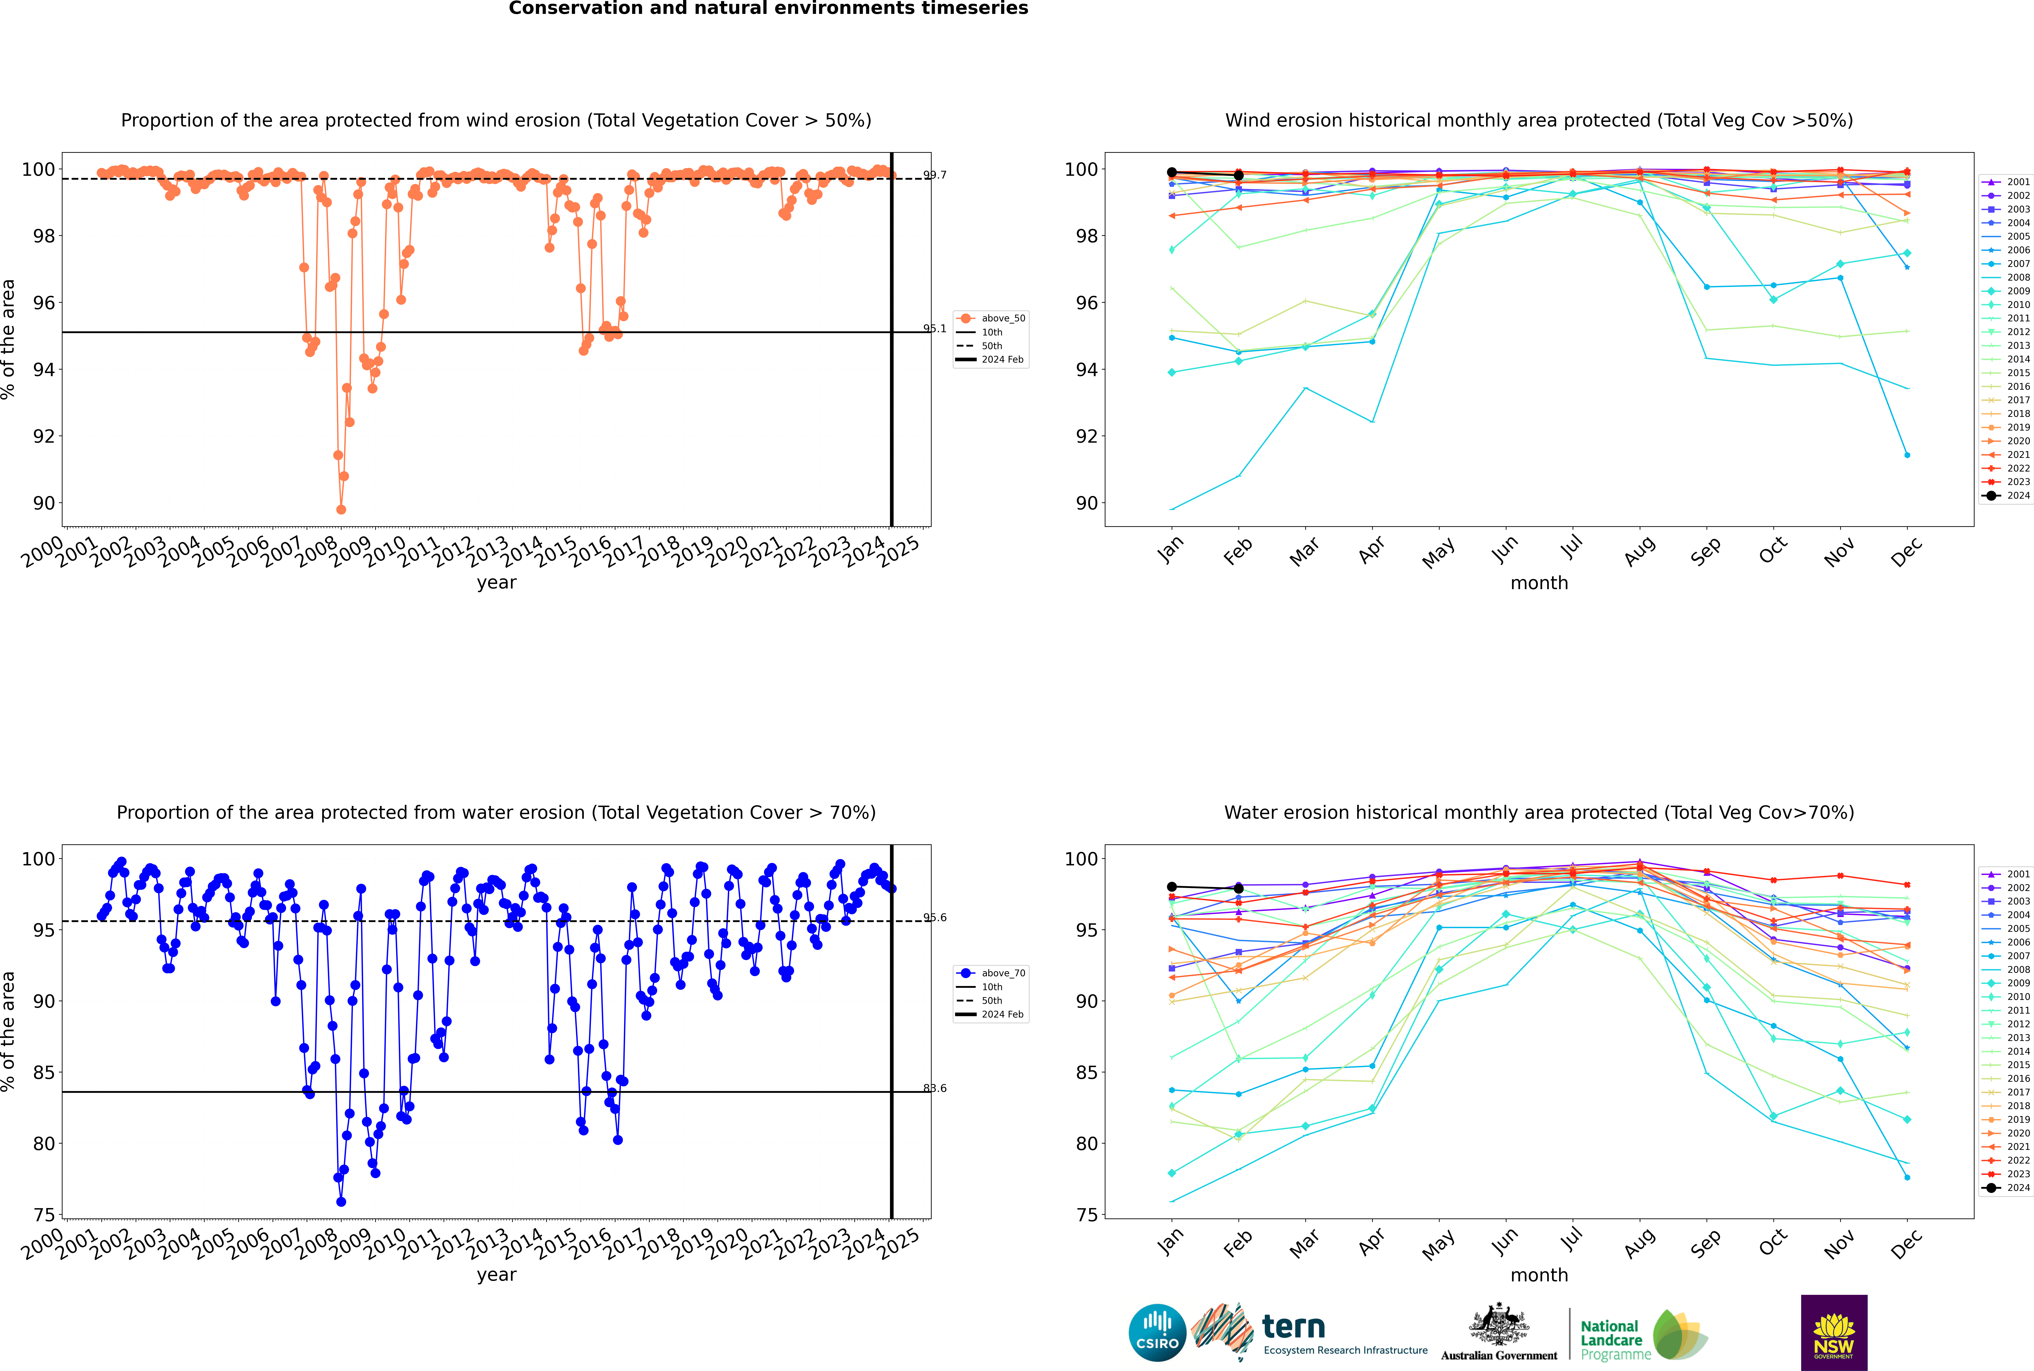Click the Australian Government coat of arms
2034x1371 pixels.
pos(1499,1325)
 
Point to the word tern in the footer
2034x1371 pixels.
pos(1293,1327)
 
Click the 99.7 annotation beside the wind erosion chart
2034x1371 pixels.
pos(935,175)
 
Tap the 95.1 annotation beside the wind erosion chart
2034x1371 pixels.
pos(935,329)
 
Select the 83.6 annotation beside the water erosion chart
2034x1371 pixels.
pos(935,1089)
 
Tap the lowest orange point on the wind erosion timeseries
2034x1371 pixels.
pos(341,510)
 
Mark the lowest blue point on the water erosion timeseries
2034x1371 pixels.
pos(341,1202)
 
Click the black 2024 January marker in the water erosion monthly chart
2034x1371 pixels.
pos(1172,887)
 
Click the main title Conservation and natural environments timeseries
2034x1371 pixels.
pos(768,9)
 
